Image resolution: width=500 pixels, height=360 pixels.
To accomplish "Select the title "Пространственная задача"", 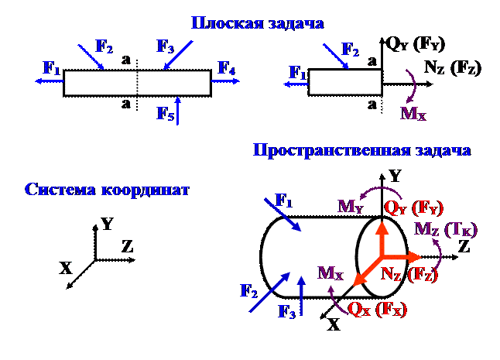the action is [x=361, y=150].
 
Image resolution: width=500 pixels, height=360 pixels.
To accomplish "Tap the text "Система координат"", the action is [x=107, y=190].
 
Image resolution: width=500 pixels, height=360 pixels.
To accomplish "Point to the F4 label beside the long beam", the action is [x=226, y=69].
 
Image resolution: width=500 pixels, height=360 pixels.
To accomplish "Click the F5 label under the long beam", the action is [x=165, y=113].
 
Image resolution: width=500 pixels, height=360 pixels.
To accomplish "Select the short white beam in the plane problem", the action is [x=345, y=83].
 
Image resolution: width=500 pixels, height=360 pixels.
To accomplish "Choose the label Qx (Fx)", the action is [x=378, y=309].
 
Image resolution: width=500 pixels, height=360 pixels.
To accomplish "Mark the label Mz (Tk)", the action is [x=447, y=230].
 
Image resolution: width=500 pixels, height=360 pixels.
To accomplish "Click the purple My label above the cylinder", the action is [x=349, y=207].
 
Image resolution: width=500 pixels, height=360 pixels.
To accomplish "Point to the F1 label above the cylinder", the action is [x=284, y=203].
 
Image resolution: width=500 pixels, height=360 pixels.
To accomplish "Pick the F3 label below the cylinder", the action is [x=287, y=313].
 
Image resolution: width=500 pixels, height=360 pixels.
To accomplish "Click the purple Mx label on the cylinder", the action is [x=330, y=273].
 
